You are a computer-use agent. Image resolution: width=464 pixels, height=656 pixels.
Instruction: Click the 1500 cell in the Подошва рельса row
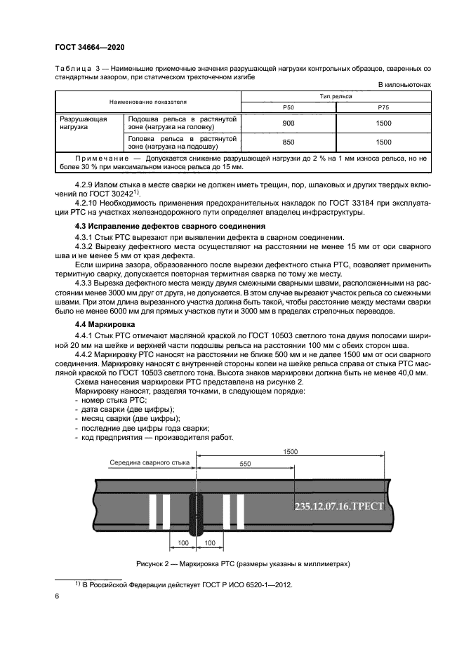(x=383, y=123)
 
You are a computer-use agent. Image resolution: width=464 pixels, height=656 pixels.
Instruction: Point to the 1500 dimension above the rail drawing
(x=289, y=453)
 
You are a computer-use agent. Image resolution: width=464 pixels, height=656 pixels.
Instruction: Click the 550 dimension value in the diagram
(x=245, y=464)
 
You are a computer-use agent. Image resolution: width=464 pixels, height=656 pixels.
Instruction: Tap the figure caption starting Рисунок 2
(x=242, y=563)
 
